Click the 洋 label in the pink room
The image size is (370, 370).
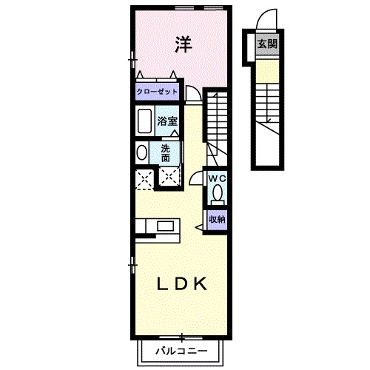(x=184, y=45)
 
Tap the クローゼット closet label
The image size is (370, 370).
(x=158, y=92)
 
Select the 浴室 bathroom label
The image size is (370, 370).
(x=166, y=120)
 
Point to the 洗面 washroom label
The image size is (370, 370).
(x=166, y=152)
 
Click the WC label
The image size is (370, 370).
(x=217, y=178)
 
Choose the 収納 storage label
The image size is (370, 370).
(x=217, y=218)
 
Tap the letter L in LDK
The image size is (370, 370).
(x=161, y=283)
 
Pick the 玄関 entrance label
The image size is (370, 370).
(x=267, y=45)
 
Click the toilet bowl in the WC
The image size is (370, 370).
(x=218, y=194)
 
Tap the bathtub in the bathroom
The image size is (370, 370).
(x=144, y=120)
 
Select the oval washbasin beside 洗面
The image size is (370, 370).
(x=141, y=152)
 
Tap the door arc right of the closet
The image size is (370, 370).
(x=192, y=92)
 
